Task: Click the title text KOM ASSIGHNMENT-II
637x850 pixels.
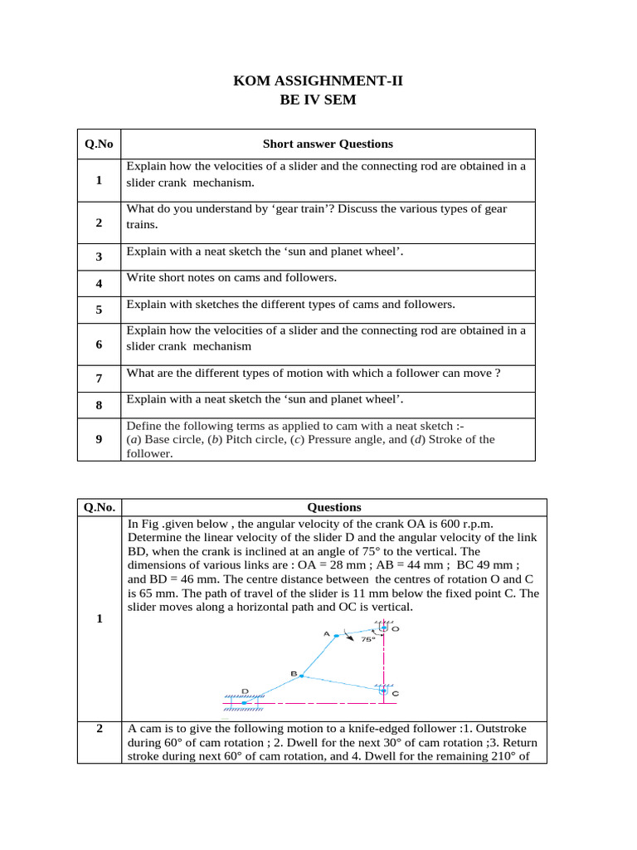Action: click(x=318, y=81)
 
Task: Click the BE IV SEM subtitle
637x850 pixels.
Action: click(x=318, y=100)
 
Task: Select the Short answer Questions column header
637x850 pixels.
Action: click(x=328, y=144)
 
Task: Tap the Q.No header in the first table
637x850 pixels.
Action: click(x=99, y=144)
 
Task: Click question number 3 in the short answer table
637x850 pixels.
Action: click(x=99, y=257)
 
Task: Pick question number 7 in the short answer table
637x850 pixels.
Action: click(x=99, y=379)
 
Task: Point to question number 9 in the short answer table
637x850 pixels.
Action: click(x=99, y=440)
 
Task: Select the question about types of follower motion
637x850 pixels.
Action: click(x=313, y=374)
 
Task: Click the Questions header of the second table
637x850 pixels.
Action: click(x=334, y=506)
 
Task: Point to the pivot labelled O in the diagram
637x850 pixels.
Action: click(x=383, y=629)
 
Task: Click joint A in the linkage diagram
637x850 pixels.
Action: click(x=336, y=635)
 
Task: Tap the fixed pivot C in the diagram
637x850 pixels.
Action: click(x=382, y=689)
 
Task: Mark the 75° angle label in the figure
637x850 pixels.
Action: click(x=367, y=640)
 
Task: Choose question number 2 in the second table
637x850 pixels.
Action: click(x=99, y=729)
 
